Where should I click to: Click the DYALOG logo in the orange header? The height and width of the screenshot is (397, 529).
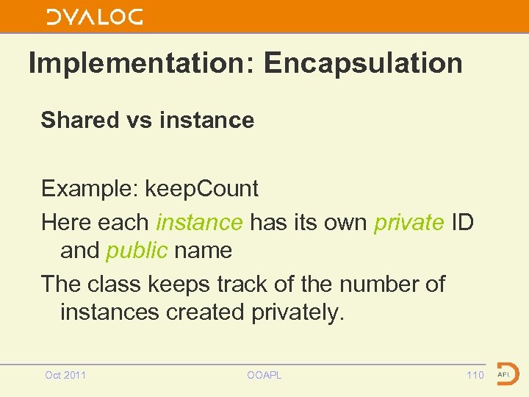point(95,17)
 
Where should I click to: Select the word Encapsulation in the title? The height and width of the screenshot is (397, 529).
point(363,63)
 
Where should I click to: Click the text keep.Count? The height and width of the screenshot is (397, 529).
point(201,189)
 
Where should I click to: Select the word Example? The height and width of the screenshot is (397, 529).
point(90,189)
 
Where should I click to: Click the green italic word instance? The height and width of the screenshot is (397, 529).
point(199,221)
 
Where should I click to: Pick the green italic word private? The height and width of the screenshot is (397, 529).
point(409,221)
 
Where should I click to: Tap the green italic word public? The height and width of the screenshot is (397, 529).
point(137,251)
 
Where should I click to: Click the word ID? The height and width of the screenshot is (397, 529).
point(462,221)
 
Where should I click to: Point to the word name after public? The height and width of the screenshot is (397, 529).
point(204,251)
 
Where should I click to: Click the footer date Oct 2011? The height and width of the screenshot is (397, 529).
point(65,375)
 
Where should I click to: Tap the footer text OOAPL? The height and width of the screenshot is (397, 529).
point(264,375)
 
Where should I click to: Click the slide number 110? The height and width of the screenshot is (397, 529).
point(475,375)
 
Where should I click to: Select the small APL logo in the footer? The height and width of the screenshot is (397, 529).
point(506,373)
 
